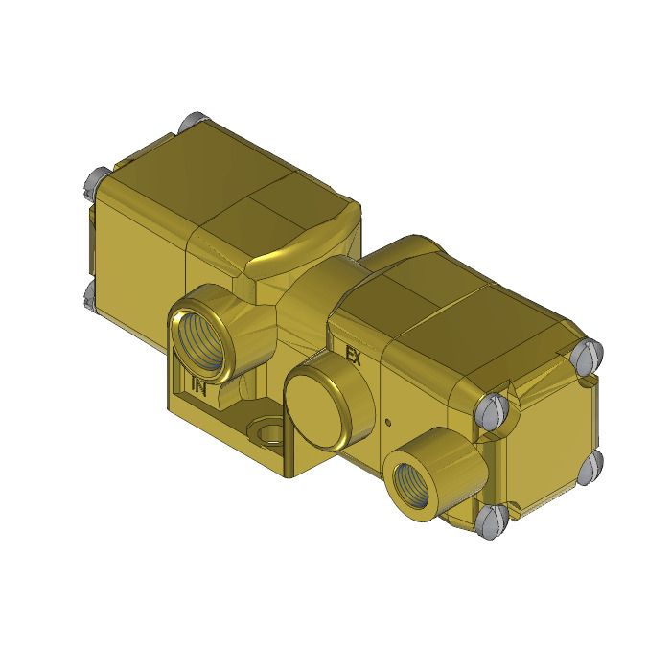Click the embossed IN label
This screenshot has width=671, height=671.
click(199, 387)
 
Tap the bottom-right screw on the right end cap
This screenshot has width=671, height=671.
click(591, 466)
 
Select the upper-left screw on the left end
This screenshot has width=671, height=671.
click(96, 178)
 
